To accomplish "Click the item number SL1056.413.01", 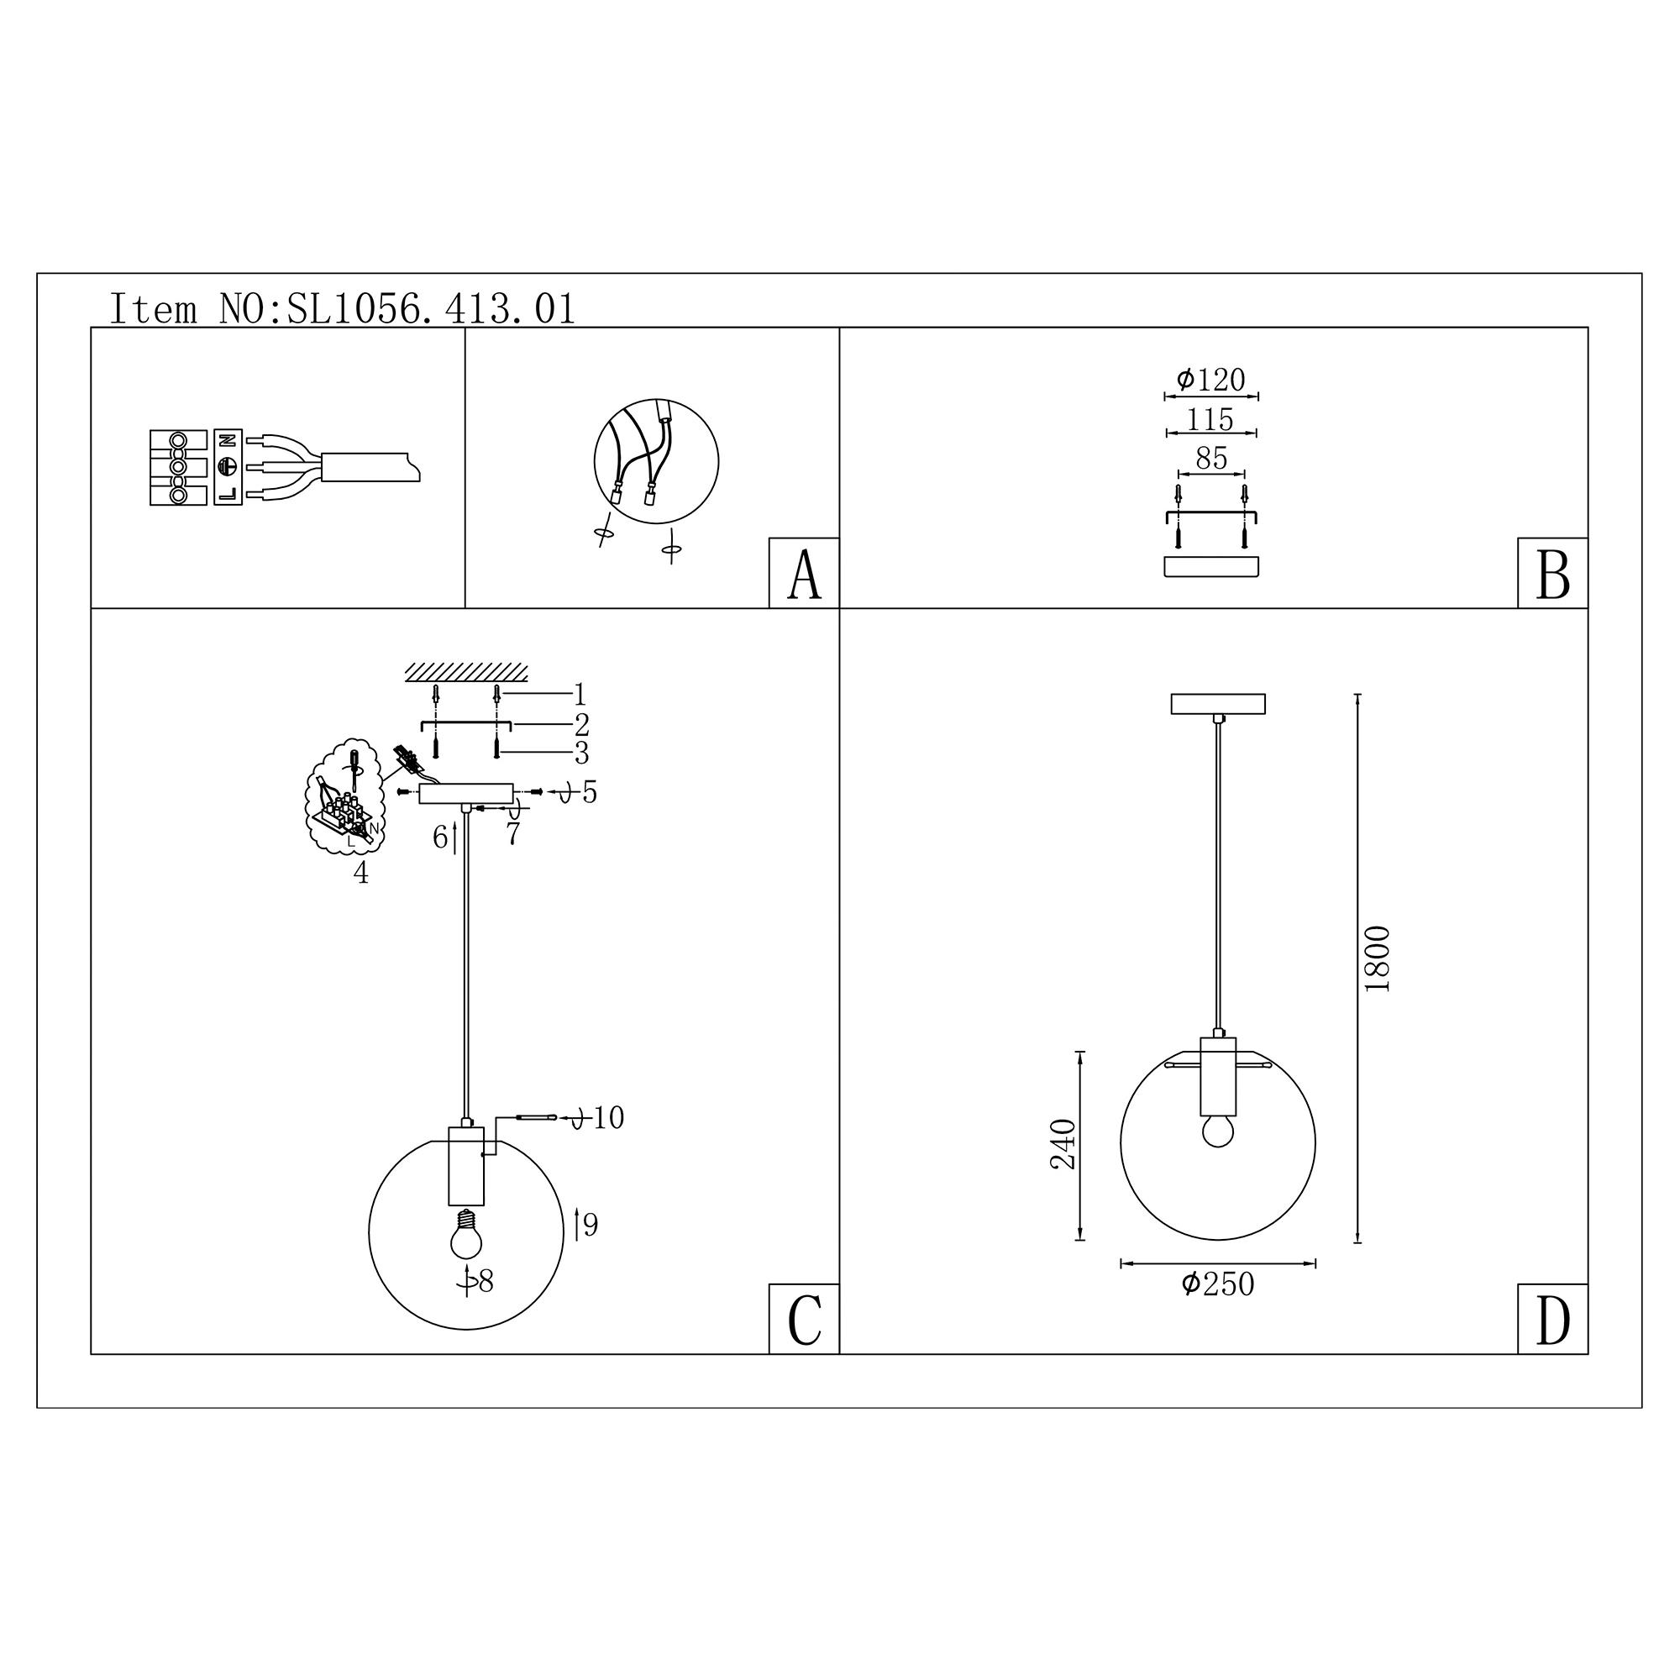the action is (431, 310).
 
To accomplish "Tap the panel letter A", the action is (805, 575).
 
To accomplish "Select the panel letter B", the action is (1553, 575).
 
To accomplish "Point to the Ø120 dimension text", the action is (1211, 380).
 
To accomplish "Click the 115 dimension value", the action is (1210, 419).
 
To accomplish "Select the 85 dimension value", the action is (1211, 459).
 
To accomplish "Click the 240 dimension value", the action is (1064, 1144).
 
